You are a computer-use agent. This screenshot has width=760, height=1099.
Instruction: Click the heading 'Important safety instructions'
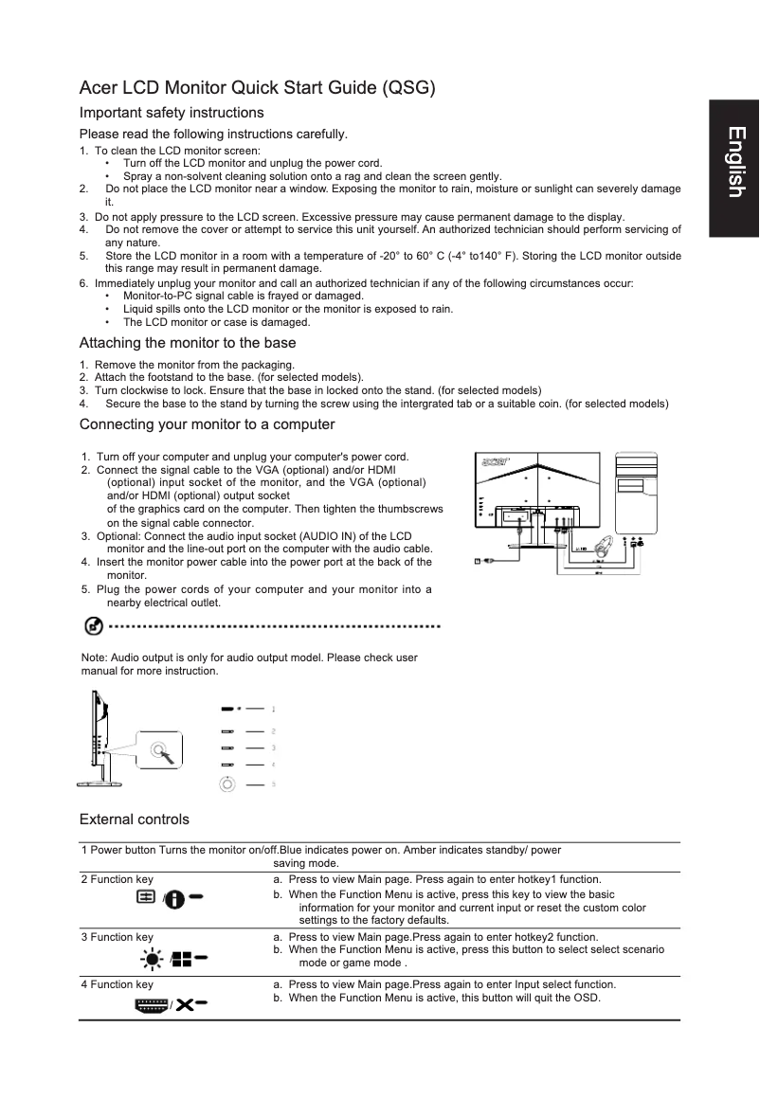[x=172, y=113]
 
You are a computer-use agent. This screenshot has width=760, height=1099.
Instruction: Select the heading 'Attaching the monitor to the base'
[x=188, y=343]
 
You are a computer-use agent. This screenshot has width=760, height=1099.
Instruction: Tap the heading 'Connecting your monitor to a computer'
[x=207, y=423]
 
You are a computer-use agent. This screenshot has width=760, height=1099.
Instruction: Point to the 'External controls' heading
[x=134, y=819]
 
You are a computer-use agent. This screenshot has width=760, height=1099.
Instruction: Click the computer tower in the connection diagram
[x=637, y=493]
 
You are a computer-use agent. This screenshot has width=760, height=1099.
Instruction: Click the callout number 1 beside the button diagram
[x=274, y=709]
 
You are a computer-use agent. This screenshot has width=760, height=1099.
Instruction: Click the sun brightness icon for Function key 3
[x=150, y=958]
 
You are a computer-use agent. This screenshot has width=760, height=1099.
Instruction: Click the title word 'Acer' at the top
[x=99, y=90]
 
